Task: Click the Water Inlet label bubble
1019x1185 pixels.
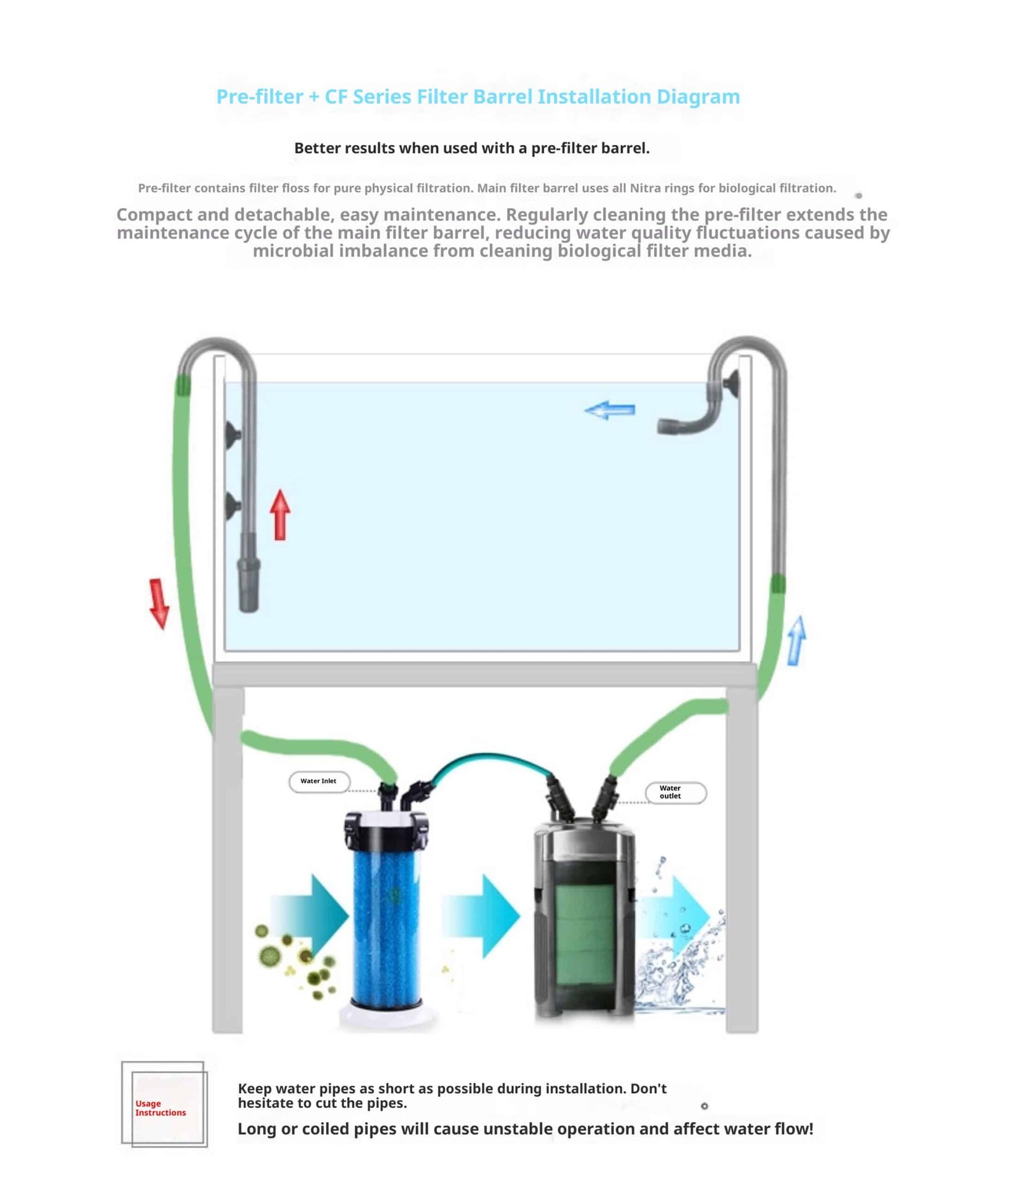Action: tap(318, 781)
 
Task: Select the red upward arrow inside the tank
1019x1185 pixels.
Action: tap(280, 514)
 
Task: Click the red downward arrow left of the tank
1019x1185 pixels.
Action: tap(159, 602)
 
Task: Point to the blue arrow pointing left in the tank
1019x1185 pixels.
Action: tap(609, 410)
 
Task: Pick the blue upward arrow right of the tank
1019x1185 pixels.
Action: tap(796, 641)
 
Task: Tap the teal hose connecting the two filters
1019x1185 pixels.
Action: tap(490, 758)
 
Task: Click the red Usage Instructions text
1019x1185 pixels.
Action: tap(160, 1108)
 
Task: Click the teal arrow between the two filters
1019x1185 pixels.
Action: tap(482, 916)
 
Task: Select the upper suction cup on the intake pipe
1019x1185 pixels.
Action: tap(232, 433)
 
